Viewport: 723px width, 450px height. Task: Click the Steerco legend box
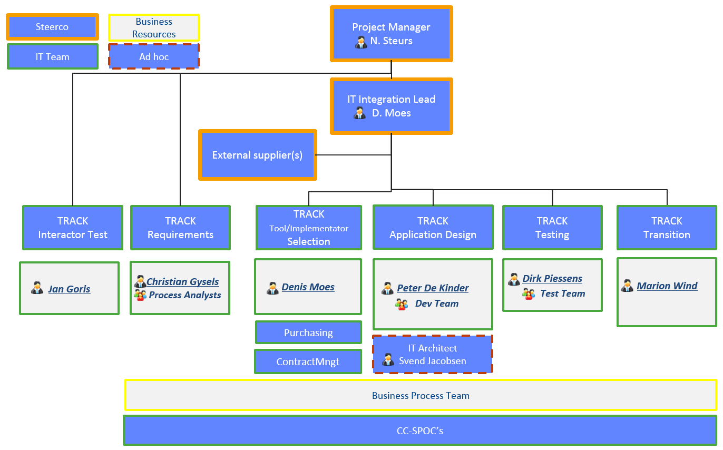52,27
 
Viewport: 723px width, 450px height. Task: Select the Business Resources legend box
154,28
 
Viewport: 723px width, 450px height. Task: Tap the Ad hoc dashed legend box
154,56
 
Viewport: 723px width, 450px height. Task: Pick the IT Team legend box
53,56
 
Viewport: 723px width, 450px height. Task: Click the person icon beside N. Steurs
361,42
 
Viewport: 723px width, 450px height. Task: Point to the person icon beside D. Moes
359,113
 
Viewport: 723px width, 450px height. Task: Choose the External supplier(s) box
258,155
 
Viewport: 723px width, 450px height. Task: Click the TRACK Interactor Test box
73,228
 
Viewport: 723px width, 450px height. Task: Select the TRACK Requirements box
180,228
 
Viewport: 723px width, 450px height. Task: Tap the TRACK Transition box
667,228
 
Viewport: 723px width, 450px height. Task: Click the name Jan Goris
69,289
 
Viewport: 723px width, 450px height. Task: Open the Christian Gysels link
183,281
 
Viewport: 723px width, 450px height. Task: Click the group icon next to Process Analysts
140,295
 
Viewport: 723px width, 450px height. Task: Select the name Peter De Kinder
433,288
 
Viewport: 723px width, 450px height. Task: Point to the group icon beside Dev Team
402,304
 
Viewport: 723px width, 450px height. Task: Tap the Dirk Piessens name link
552,278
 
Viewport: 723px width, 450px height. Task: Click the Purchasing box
308,332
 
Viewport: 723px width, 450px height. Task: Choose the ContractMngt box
308,361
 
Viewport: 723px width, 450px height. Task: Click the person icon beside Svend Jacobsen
388,359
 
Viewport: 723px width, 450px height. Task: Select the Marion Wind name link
667,286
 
